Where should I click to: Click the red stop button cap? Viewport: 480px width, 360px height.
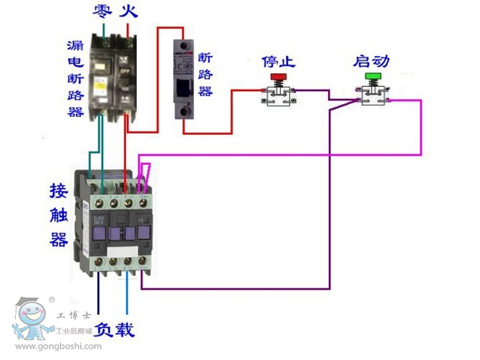click(x=277, y=76)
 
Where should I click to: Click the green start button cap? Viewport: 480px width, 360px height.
click(x=373, y=76)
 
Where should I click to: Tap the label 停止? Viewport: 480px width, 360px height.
click(x=279, y=61)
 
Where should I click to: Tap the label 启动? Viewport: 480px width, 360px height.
click(x=371, y=61)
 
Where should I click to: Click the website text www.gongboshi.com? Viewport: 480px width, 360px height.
click(x=58, y=347)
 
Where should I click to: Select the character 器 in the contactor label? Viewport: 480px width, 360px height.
click(x=59, y=239)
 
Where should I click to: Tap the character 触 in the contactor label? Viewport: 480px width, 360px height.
click(x=59, y=214)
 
